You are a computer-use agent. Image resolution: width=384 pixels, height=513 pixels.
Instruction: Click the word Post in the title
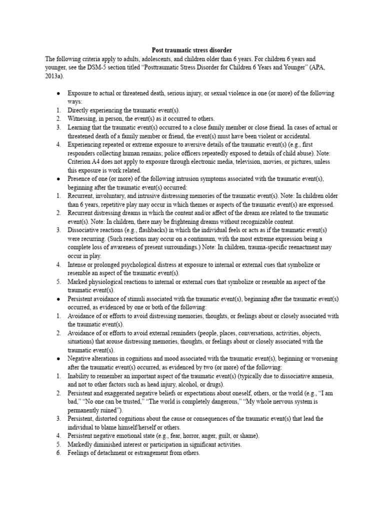point(158,50)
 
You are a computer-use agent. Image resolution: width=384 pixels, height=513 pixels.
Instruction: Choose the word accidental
point(296,135)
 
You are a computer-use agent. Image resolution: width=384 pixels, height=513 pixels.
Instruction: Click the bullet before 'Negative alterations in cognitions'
point(59,359)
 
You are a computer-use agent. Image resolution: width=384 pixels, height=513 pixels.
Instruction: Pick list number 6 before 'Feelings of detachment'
point(58,453)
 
